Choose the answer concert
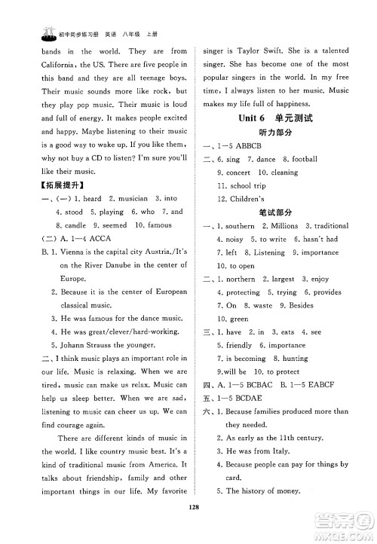(238, 173)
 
